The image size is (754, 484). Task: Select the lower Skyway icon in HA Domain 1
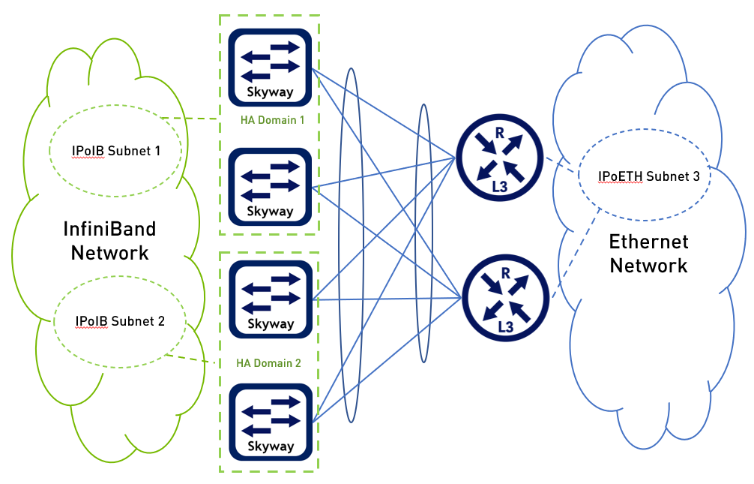tap(270, 185)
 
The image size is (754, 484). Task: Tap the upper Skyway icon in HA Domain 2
tap(270, 299)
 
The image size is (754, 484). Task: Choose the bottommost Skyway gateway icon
tap(270, 421)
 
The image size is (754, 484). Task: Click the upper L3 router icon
tap(495, 159)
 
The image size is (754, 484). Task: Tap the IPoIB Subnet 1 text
tap(115, 151)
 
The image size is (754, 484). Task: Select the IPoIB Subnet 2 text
tap(120, 322)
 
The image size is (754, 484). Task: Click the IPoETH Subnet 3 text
tap(649, 177)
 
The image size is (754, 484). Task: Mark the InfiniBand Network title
tap(109, 240)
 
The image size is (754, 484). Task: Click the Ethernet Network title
tap(648, 254)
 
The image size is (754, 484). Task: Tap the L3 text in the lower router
tap(506, 327)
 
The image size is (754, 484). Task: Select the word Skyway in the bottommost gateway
tap(270, 446)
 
